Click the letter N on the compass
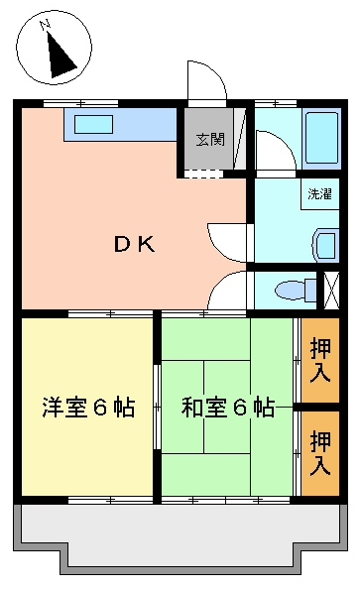tap(46, 25)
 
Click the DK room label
tap(134, 245)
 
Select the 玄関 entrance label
tap(210, 140)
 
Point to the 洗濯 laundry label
tap(319, 193)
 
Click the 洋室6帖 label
tap(88, 408)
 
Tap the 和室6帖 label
tap(228, 408)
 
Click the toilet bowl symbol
tap(296, 291)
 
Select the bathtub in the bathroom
tap(321, 137)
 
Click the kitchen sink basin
tap(93, 124)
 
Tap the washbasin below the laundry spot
tap(325, 245)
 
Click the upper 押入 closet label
tap(320, 360)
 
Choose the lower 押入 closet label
tap(320, 453)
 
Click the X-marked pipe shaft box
tap(331, 291)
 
